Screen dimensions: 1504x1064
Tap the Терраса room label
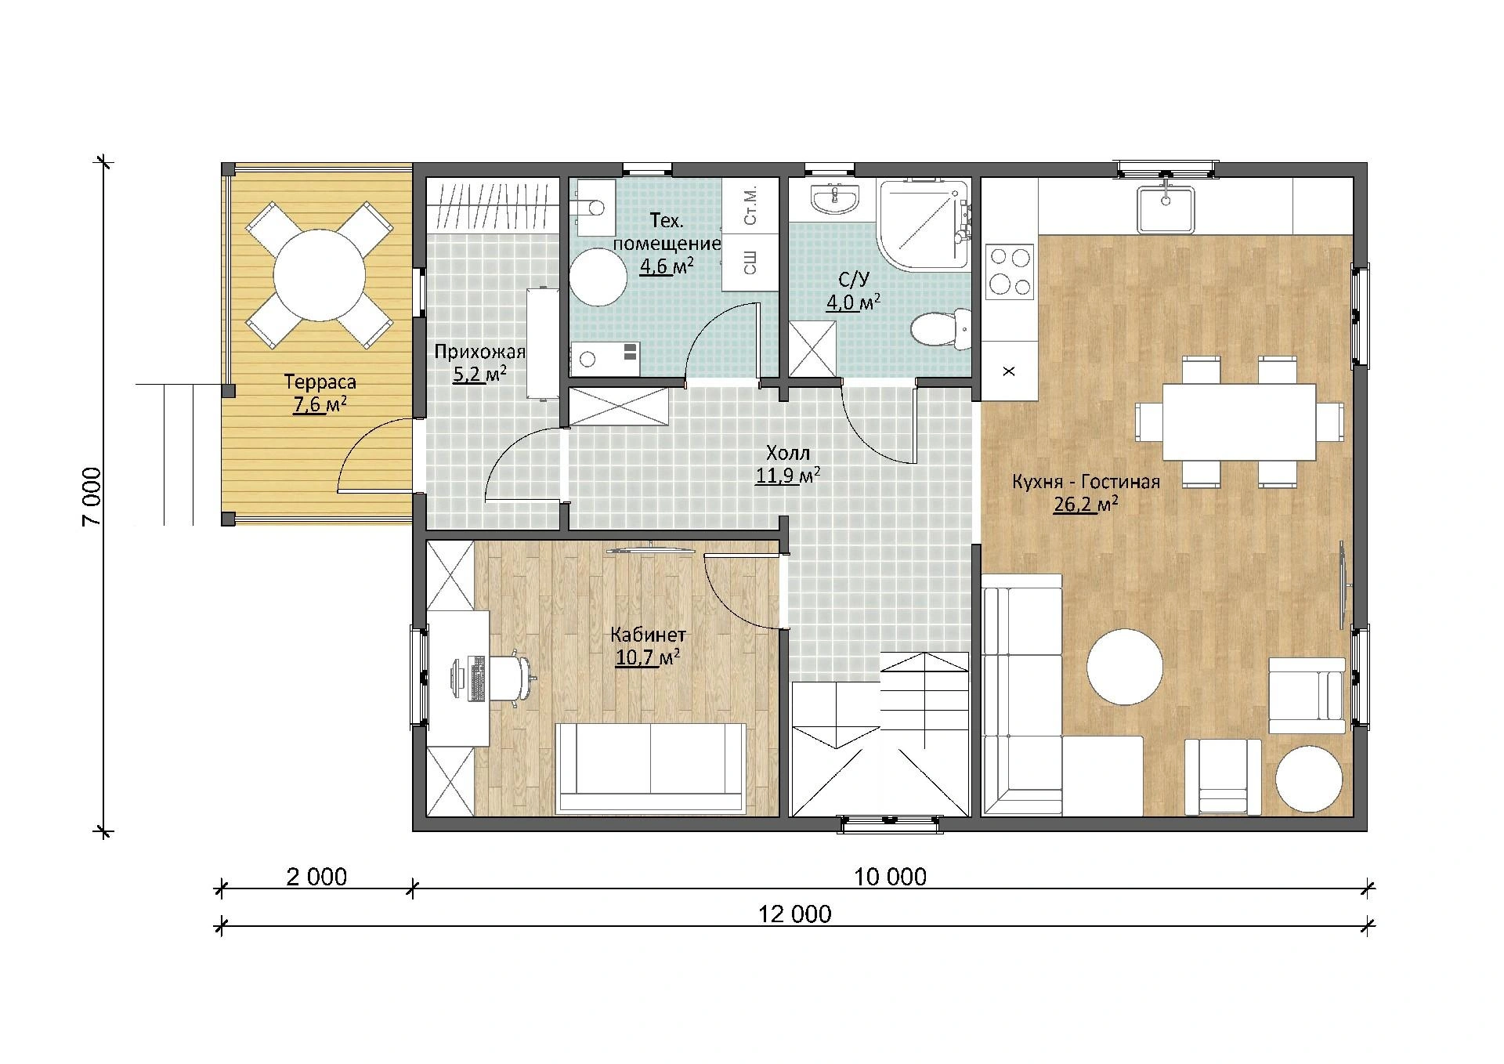point(320,382)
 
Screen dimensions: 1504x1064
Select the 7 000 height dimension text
point(91,498)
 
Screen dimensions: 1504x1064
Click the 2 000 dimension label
point(316,876)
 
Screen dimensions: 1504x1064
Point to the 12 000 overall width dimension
point(795,914)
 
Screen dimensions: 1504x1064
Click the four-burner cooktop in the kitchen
point(1009,271)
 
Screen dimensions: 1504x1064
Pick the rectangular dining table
point(1238,422)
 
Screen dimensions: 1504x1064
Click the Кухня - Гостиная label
point(1086,482)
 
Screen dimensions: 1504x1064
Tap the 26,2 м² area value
point(1086,505)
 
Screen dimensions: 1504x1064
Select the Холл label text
point(788,453)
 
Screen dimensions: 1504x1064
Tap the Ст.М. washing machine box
point(750,206)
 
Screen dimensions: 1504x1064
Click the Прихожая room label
point(479,352)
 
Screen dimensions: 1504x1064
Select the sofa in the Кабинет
point(651,768)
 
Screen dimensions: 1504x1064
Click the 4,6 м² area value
point(667,266)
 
